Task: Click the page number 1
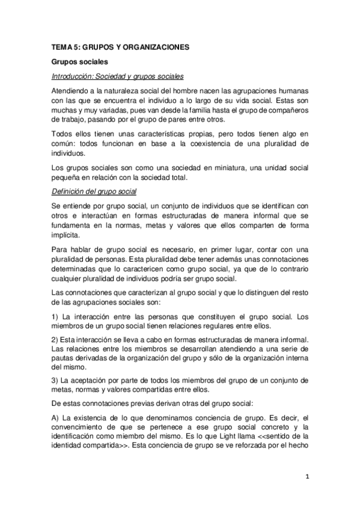point(307,478)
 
